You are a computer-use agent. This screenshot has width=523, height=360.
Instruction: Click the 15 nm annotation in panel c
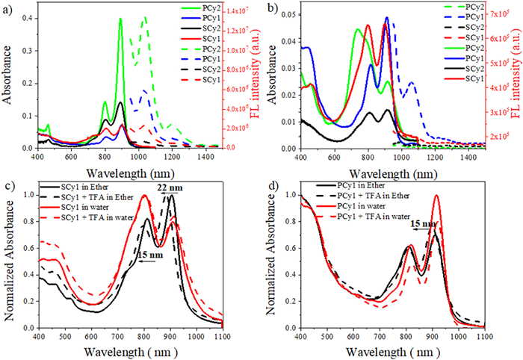click(x=146, y=254)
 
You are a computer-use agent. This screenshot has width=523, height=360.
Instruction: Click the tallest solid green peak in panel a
click(x=121, y=21)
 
